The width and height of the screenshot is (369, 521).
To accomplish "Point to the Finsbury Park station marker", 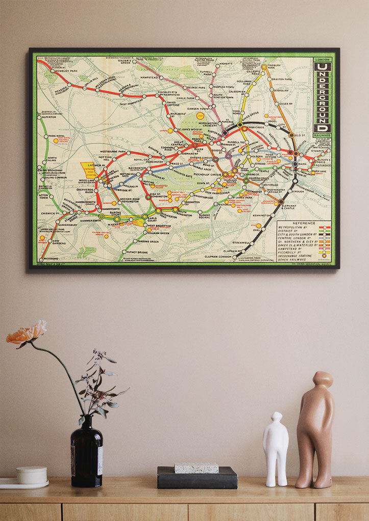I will [264, 66].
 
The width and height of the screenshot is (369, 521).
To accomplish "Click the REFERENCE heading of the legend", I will [305, 223].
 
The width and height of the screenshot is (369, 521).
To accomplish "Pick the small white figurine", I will [276, 449].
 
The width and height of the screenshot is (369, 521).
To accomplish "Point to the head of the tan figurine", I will [323, 379].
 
